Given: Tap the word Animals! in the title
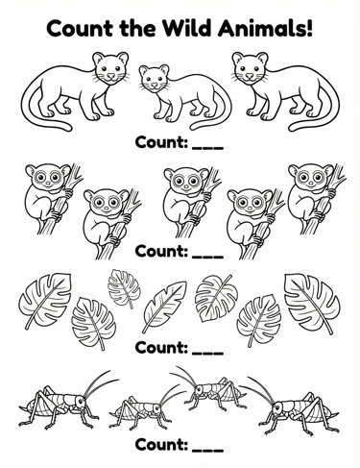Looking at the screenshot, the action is coord(264,28).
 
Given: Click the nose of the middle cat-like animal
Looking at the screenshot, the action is coord(155,85).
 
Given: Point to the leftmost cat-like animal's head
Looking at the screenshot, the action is coord(110,68).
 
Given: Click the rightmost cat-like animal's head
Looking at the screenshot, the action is coord(250,68).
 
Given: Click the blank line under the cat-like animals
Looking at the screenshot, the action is coord(207,148).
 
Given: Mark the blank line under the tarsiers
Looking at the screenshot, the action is coord(207,257).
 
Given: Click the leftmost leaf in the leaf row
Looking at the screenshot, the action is coord(45,300).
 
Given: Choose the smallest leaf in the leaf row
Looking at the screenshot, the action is coord(124,288).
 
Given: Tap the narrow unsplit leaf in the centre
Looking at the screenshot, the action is coord(164,307).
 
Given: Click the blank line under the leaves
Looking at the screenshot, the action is coord(207,353).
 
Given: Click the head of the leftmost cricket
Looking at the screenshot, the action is coord(80,402).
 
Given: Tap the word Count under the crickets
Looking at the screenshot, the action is coord(161,445).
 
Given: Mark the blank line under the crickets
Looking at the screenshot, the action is coord(207,450).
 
